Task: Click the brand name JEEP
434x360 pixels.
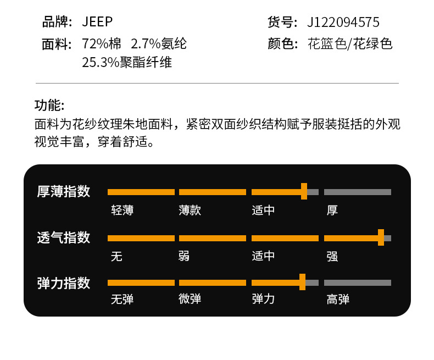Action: click(x=97, y=22)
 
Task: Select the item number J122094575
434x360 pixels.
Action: click(x=343, y=23)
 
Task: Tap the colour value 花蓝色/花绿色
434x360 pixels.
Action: click(x=350, y=44)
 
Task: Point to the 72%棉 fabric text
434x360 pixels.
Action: click(x=102, y=44)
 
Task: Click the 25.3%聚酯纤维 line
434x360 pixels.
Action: click(x=127, y=62)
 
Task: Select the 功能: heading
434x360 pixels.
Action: click(x=49, y=106)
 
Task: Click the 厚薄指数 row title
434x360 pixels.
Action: click(x=63, y=191)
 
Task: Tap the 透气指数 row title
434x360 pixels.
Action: click(x=63, y=237)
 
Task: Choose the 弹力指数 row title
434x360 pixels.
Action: click(x=63, y=283)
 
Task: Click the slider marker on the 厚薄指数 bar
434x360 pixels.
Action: click(x=304, y=191)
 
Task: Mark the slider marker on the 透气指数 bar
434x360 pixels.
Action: click(x=381, y=237)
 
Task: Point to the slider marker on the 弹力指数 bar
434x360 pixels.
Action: click(x=302, y=282)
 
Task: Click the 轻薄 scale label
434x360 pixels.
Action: click(x=122, y=210)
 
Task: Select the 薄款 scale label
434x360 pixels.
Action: click(x=190, y=210)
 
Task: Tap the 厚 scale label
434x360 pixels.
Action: click(x=332, y=210)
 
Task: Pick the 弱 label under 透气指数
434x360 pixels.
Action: click(x=185, y=256)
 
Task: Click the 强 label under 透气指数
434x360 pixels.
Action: click(x=332, y=256)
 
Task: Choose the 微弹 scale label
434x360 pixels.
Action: click(x=190, y=299)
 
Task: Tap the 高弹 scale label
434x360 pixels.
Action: click(x=338, y=299)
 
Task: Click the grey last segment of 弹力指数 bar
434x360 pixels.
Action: click(x=358, y=283)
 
